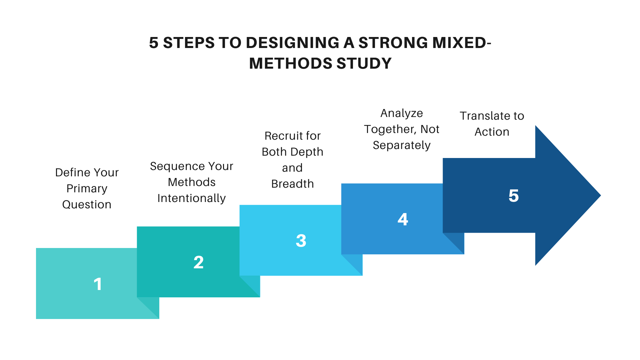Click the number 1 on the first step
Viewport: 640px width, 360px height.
pos(98,284)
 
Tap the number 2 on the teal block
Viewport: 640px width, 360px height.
pos(199,262)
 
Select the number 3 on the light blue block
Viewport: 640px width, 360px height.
pos(301,241)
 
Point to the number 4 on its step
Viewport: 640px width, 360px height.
pos(403,219)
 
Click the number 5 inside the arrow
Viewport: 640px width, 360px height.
pos(514,196)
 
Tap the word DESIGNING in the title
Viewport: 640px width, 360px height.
pos(293,43)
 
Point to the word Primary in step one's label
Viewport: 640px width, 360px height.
pos(87,189)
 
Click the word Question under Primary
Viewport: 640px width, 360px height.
pos(87,204)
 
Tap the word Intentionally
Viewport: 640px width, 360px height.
pos(192,198)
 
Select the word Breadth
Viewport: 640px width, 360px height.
pos(293,184)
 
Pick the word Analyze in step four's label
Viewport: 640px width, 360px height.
pos(402,113)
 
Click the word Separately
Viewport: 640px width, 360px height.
pos(402,145)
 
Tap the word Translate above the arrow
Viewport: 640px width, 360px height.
pos(482,116)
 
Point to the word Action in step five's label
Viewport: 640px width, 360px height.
pos(492,132)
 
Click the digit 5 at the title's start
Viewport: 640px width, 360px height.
pos(154,43)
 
